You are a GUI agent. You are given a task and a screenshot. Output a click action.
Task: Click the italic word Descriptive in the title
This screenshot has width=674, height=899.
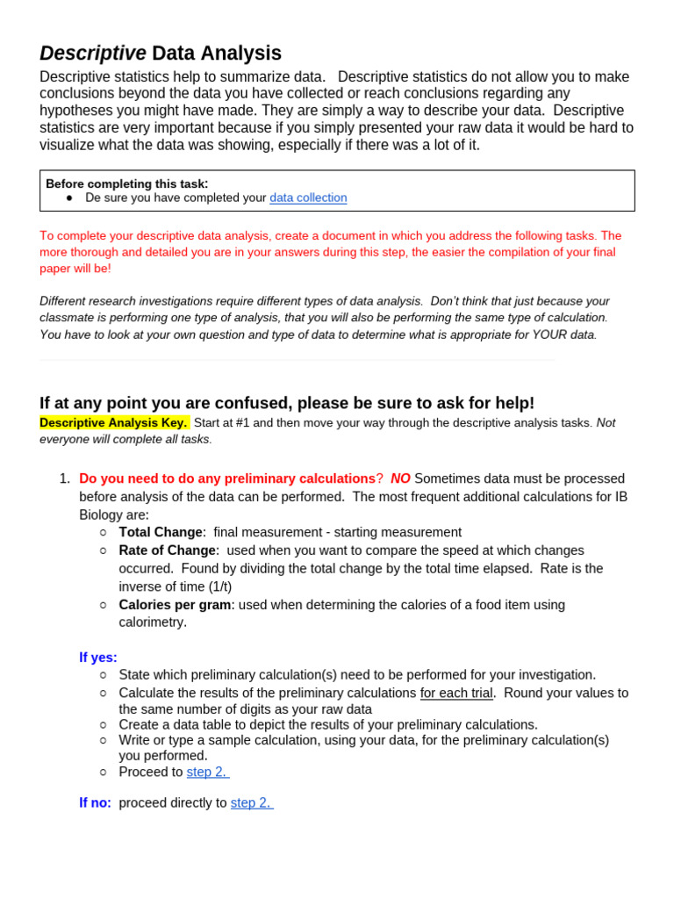tap(93, 54)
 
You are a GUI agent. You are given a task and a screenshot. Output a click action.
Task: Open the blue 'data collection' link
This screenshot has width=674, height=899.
tap(308, 198)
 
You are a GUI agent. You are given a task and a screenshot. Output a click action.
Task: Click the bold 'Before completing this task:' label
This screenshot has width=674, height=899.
tap(127, 183)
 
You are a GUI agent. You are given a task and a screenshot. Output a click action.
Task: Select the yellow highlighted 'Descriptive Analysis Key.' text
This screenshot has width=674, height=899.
tap(114, 422)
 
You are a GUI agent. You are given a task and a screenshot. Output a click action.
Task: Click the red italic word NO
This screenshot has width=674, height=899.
tap(400, 478)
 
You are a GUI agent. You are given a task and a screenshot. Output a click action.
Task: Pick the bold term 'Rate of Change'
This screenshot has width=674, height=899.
tap(168, 550)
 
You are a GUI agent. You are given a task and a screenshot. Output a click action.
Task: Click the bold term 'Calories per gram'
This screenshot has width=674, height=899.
tap(175, 605)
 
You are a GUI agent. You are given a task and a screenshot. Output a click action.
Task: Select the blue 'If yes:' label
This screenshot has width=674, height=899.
tap(98, 658)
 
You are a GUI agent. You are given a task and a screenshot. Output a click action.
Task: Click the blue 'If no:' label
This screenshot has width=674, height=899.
tap(95, 803)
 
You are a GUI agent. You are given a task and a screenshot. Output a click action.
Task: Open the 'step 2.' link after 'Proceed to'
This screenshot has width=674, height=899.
tap(208, 773)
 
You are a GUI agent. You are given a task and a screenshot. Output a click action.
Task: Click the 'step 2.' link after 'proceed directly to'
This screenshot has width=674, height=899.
tap(252, 803)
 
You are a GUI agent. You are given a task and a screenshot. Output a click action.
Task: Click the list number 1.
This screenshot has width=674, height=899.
tap(64, 478)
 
